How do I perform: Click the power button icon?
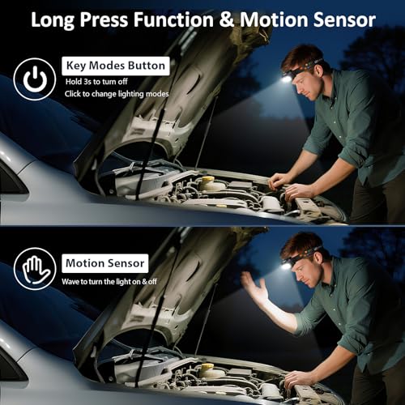(x=35, y=79)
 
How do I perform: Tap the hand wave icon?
(x=35, y=269)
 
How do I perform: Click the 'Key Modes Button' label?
(x=116, y=66)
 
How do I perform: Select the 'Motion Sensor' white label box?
(x=105, y=263)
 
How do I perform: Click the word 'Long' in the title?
(x=53, y=20)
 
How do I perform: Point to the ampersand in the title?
(x=227, y=19)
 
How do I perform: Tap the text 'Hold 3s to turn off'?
(x=96, y=82)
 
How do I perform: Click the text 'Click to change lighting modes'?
(x=117, y=94)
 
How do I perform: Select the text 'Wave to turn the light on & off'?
(x=109, y=282)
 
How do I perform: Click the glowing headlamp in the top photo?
(x=286, y=79)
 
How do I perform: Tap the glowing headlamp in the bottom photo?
(x=286, y=266)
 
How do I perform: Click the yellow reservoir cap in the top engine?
(x=208, y=180)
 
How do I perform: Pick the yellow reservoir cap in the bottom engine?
(x=208, y=366)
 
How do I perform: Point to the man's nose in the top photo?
(x=298, y=90)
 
